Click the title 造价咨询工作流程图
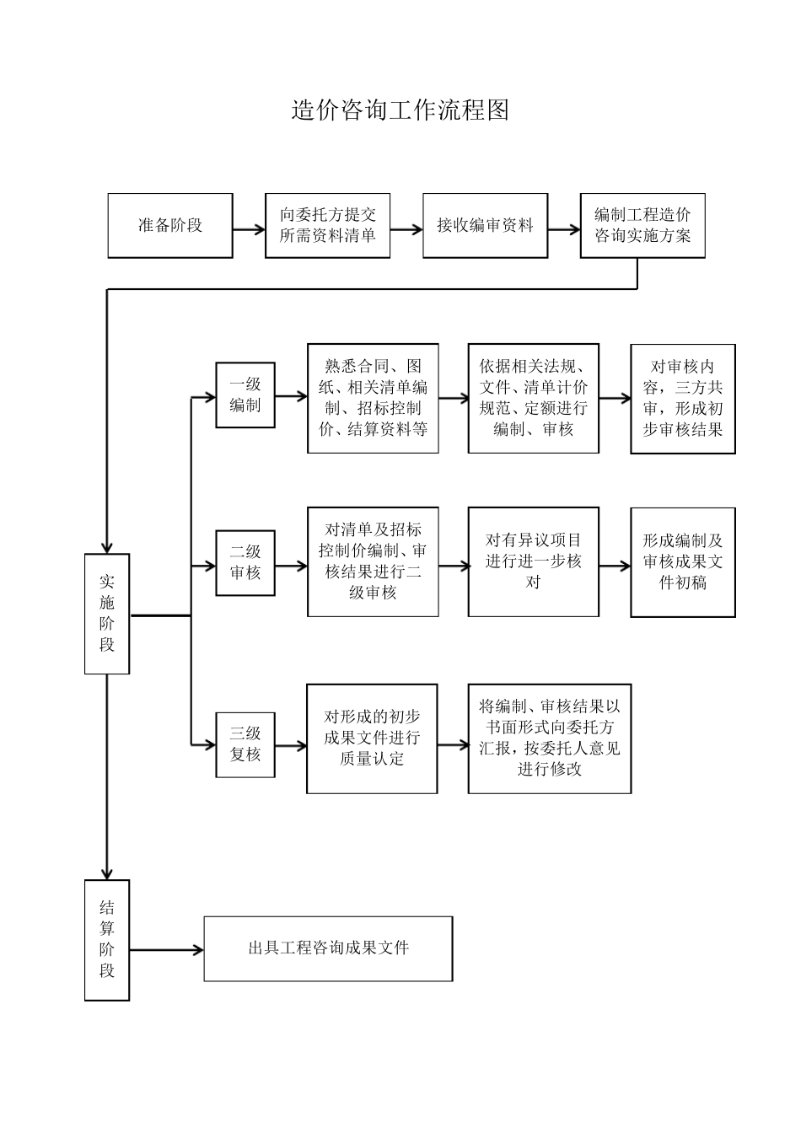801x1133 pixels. click(400, 110)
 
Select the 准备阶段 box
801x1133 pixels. click(170, 226)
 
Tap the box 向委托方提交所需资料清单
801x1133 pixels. click(328, 226)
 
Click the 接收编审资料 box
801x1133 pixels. click(485, 226)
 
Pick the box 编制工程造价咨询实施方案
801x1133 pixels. click(642, 226)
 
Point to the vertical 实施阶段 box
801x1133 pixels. click(107, 614)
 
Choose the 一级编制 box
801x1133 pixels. click(245, 395)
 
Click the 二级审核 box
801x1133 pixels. click(245, 563)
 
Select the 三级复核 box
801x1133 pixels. click(245, 744)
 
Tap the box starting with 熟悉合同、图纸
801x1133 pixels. click(373, 399)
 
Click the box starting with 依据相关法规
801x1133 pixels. click(534, 399)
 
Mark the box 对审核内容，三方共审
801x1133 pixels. click(683, 399)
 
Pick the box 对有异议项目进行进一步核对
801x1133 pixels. click(534, 562)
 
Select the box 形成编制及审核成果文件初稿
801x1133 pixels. click(683, 562)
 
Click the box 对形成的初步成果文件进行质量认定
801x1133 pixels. click(372, 738)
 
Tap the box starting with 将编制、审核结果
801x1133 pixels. click(550, 738)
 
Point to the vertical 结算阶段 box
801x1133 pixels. click(107, 940)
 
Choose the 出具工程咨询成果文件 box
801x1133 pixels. click(328, 948)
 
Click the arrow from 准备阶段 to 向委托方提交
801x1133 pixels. click(250, 229)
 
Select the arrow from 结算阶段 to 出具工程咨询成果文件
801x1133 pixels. click(166, 950)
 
